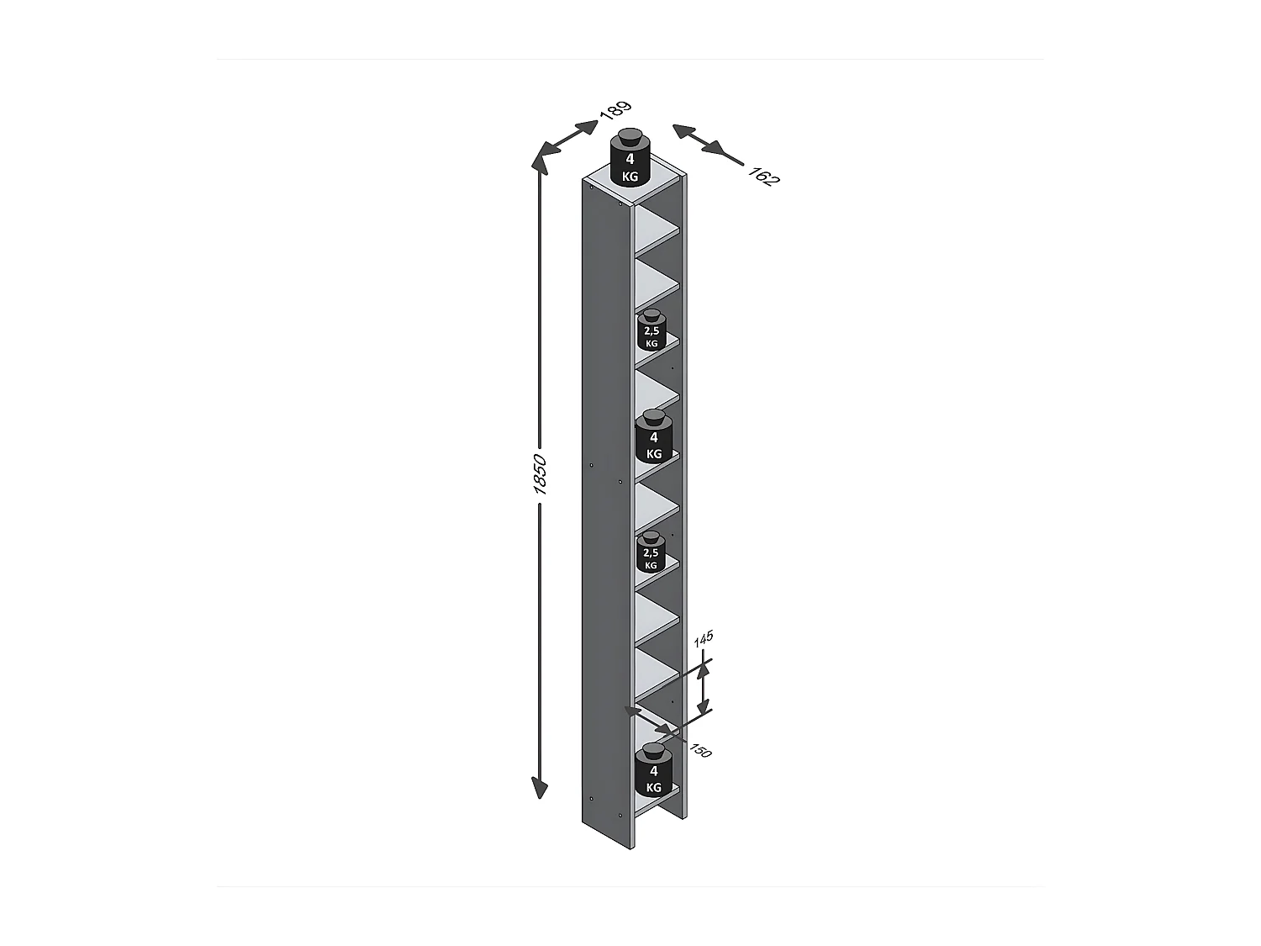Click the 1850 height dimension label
(x=540, y=474)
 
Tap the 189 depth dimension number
(x=615, y=111)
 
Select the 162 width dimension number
(x=763, y=177)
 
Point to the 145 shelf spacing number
(x=704, y=638)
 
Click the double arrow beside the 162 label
(x=707, y=144)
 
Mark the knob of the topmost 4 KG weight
(x=630, y=138)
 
